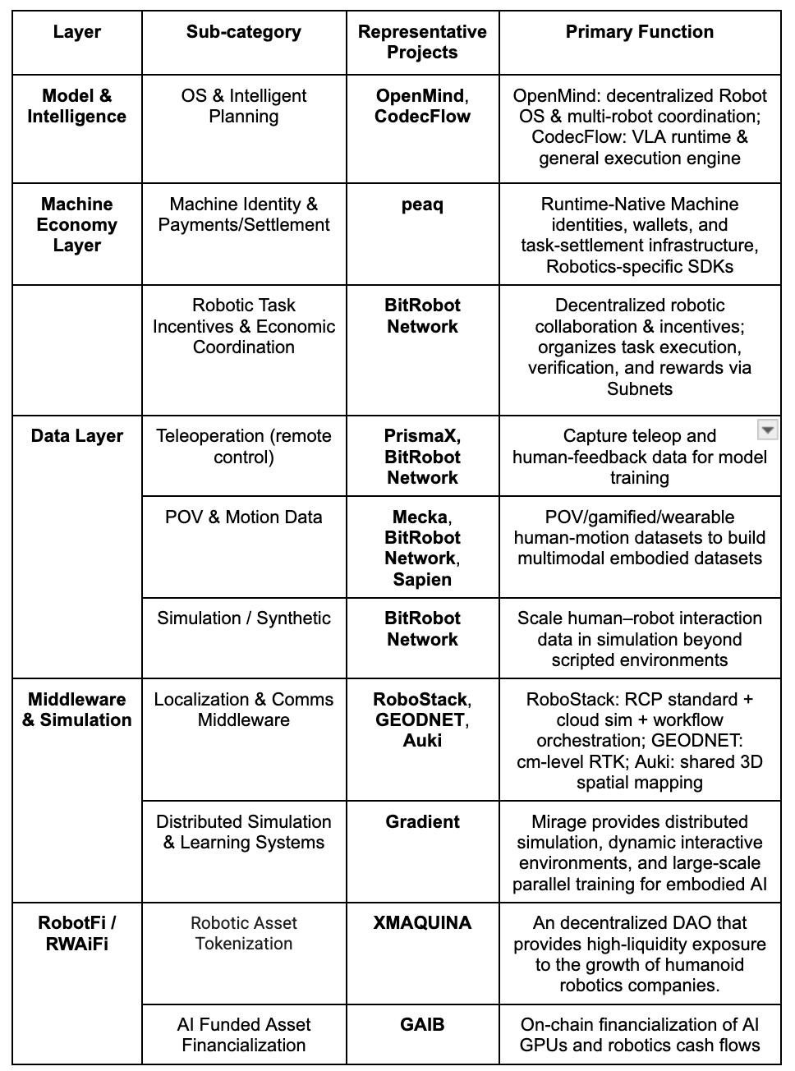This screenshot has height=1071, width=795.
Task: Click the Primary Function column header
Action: tap(639, 32)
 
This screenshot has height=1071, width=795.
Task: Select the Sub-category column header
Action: tap(243, 32)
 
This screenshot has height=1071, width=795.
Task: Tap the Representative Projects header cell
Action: tap(422, 42)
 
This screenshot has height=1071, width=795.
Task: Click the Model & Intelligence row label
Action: tap(76, 106)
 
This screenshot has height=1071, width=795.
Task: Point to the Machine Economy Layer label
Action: tap(76, 224)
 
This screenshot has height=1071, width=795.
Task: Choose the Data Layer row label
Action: tap(76, 436)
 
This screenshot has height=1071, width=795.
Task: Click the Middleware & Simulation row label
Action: tap(76, 710)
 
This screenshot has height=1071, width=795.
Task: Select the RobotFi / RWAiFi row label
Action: tap(76, 933)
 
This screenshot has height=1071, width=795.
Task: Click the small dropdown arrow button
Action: tap(766, 430)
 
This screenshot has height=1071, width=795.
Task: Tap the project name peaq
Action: tap(422, 205)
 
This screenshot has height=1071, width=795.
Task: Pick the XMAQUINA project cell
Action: tap(422, 923)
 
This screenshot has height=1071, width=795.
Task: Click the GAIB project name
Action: tap(422, 1024)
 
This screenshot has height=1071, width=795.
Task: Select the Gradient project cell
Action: tap(422, 822)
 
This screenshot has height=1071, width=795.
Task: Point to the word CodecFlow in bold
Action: tap(422, 117)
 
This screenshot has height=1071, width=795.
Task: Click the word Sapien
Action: tap(422, 579)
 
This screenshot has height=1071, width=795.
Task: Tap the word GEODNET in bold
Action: tap(420, 720)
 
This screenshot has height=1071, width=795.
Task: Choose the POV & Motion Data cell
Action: tap(243, 517)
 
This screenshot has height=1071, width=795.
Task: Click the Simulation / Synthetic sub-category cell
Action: tap(243, 618)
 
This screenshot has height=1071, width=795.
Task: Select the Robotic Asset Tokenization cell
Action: tap(243, 933)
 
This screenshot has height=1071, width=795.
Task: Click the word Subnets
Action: tap(639, 388)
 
